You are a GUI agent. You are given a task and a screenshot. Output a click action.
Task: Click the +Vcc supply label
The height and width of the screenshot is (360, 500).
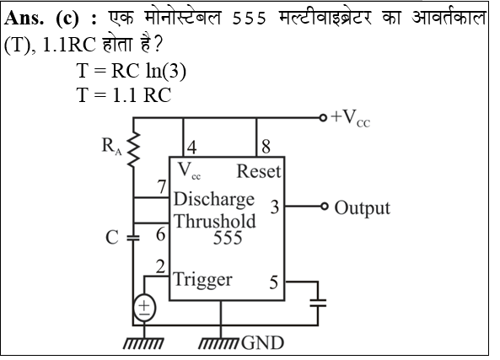351,118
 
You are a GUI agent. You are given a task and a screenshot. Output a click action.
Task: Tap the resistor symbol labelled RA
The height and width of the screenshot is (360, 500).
133,153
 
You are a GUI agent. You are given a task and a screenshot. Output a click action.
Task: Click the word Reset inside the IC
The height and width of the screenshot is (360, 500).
258,171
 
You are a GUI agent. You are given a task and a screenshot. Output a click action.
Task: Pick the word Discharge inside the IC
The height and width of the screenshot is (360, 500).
213,200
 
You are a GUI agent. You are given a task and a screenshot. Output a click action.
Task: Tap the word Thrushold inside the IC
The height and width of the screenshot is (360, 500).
215,221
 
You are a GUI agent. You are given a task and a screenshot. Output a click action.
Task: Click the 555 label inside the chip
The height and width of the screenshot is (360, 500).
227,239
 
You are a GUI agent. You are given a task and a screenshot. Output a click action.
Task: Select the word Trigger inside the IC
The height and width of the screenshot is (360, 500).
202,279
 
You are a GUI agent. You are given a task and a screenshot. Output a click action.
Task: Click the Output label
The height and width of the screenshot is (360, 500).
363,207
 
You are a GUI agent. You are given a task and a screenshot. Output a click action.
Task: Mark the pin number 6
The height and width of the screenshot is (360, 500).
160,236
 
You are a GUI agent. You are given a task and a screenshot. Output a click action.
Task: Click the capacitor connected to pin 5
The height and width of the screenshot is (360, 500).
317,305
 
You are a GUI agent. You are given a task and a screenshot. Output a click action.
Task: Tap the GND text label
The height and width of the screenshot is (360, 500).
262,343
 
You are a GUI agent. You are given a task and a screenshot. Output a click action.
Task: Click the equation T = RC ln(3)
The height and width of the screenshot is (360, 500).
131,73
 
